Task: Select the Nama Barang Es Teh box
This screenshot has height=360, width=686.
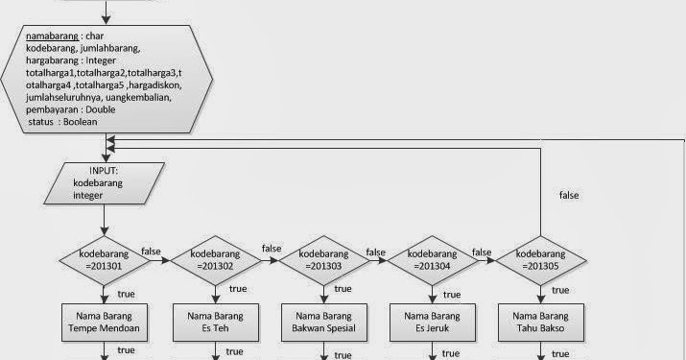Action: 214,322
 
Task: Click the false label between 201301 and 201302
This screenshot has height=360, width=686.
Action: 152,251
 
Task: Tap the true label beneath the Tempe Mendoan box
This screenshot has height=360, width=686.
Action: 126,350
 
